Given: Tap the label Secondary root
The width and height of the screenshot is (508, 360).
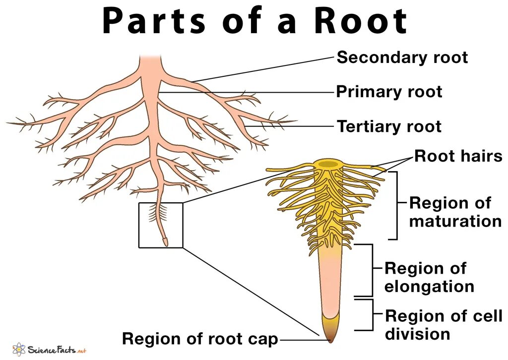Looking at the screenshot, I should (x=402, y=58).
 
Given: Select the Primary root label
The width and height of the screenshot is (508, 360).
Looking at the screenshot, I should (x=389, y=92).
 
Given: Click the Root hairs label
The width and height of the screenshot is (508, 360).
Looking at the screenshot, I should (x=458, y=157).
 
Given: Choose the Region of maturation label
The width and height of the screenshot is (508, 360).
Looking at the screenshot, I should (x=455, y=212).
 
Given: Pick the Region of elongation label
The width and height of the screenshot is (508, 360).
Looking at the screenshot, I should (x=429, y=277).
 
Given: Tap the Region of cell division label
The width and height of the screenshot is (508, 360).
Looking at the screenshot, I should (x=444, y=324).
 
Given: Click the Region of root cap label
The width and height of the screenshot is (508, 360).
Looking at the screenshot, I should (x=200, y=339).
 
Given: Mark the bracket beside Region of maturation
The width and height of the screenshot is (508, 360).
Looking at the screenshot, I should (x=395, y=205).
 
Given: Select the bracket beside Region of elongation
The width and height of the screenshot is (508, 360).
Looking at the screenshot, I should (x=371, y=270).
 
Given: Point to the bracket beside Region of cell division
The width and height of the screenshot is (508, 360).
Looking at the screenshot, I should (x=372, y=314).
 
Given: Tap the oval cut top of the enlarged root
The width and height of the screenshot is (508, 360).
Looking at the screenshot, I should (x=327, y=164).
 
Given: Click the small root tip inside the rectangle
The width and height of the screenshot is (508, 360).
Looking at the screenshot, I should (x=165, y=242).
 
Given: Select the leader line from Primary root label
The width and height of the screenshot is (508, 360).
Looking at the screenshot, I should (x=248, y=92).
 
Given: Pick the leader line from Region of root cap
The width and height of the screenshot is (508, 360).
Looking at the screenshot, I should (x=304, y=340).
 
